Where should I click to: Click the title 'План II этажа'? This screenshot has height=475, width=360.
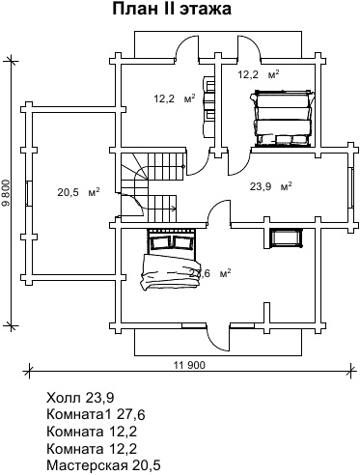pos(172,9)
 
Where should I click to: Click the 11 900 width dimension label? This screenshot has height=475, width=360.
pos(189,365)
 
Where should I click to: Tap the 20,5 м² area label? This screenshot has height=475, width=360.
pos(78,192)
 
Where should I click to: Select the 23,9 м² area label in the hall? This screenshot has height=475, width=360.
pos(271,186)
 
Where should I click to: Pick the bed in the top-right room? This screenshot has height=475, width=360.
pos(282,118)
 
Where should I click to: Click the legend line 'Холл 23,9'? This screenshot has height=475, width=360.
pos(80,398)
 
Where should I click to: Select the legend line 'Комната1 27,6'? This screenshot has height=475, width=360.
pos(96,415)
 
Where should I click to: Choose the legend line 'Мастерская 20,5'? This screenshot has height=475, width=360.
pos(103,465)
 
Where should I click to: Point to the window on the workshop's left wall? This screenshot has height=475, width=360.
pos(29,193)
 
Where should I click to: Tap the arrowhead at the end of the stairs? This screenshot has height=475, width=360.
pos(175,209)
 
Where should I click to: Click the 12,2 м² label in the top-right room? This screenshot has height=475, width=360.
pos(259,74)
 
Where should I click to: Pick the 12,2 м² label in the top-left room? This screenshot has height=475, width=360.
pos(175,98)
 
